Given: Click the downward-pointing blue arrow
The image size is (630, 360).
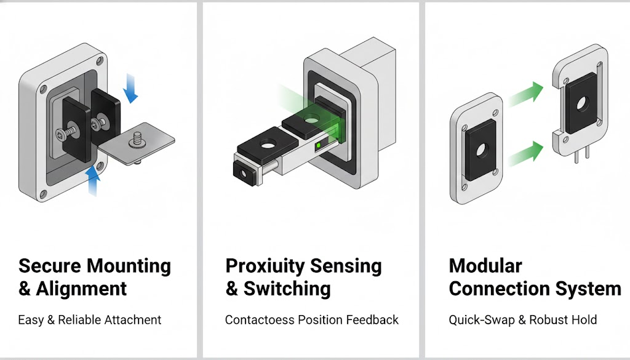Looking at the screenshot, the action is click(130, 89).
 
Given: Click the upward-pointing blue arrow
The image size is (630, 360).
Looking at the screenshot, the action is click(94, 180).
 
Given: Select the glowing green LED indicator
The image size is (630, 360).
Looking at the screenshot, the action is click(319, 145).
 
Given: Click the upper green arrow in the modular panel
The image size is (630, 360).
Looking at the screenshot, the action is click(526, 94).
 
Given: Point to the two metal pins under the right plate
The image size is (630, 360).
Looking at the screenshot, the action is click(582, 154).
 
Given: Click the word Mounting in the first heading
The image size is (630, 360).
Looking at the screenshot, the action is click(129, 266).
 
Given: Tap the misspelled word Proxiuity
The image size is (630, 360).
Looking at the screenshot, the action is click(265, 266).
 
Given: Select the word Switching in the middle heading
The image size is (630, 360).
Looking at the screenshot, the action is click(287, 289).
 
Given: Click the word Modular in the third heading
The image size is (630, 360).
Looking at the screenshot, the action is click(485, 266).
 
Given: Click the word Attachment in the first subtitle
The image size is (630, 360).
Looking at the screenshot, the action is click(133, 320).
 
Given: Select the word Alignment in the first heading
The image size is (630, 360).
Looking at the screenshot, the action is click(81, 289).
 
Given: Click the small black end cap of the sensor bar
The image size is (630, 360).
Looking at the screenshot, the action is click(244, 174).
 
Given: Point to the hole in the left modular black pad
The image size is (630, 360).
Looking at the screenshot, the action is click(481, 151).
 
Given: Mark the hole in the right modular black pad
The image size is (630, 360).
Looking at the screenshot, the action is click(582, 104).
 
